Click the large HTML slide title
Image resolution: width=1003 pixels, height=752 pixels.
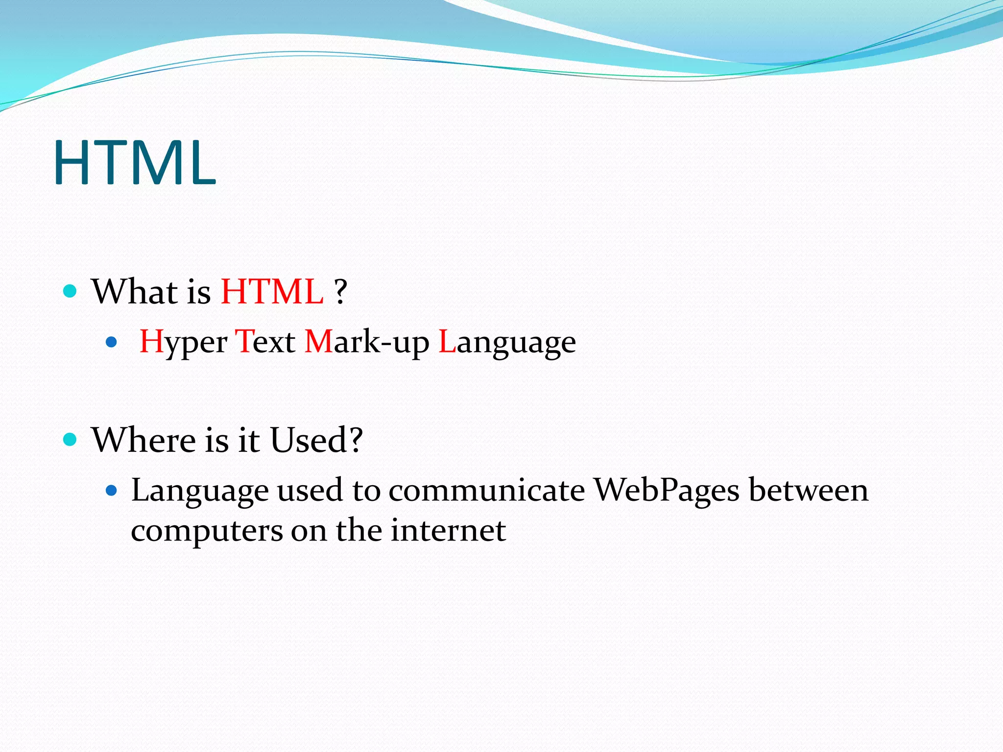pyautogui.click(x=135, y=163)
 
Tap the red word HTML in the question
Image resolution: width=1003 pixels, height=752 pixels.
pyautogui.click(x=272, y=292)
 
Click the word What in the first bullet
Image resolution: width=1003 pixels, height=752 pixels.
pyautogui.click(x=135, y=292)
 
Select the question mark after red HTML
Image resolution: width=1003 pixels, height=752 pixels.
pyautogui.click(x=341, y=292)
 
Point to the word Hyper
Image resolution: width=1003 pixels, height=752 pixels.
pyautogui.click(x=184, y=342)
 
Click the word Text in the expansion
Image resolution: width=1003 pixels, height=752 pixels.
pyautogui.click(x=265, y=342)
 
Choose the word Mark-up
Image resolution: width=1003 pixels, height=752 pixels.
pyautogui.click(x=367, y=342)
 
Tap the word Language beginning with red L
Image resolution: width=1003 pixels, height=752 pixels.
pyautogui.click(x=507, y=342)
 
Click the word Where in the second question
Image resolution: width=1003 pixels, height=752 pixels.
pyautogui.click(x=143, y=440)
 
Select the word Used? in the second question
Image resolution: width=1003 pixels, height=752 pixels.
pyautogui.click(x=316, y=440)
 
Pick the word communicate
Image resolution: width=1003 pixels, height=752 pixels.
pyautogui.click(x=487, y=490)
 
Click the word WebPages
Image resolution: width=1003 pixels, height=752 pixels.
pyautogui.click(x=667, y=490)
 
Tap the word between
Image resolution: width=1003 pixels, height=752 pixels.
pyautogui.click(x=809, y=490)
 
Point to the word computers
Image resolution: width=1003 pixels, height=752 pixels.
pyautogui.click(x=207, y=531)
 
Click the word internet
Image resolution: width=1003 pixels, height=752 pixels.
pyautogui.click(x=448, y=531)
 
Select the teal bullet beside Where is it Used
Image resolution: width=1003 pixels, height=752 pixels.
pyautogui.click(x=71, y=439)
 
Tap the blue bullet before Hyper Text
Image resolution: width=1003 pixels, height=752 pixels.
pyautogui.click(x=112, y=342)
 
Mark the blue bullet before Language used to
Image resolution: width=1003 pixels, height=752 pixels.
pyautogui.click(x=112, y=490)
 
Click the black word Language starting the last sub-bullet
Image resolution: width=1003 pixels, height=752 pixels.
pyautogui.click(x=200, y=491)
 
